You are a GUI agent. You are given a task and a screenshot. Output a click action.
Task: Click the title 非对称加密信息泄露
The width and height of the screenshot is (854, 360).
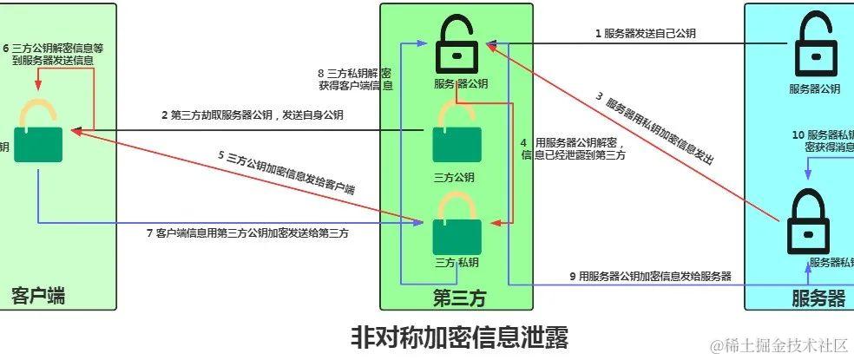coord(460,337)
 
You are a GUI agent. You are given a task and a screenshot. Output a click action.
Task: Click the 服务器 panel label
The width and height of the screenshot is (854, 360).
coord(818,298)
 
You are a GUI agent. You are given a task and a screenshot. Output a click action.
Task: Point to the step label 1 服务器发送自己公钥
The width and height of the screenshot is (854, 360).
coord(645,34)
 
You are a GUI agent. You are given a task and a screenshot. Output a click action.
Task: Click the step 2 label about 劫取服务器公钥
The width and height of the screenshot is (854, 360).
coord(251,115)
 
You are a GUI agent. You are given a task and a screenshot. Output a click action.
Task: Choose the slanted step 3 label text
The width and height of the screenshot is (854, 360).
coord(655,128)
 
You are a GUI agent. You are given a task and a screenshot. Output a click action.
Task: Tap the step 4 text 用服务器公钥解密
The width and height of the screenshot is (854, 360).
coord(574,148)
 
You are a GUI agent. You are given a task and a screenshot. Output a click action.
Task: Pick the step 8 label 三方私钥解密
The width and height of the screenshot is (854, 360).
coord(355,79)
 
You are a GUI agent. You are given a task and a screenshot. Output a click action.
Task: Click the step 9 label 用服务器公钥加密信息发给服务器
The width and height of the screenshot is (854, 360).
coord(650,276)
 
